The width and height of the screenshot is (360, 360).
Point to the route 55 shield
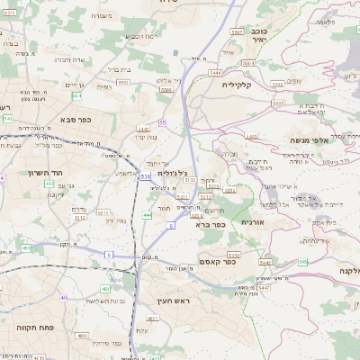(162, 121)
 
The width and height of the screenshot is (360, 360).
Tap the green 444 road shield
(148, 215)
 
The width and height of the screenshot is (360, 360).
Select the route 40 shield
(63, 297)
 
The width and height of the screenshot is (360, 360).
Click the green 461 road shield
(25, 247)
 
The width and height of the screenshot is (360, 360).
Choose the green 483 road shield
(106, 289)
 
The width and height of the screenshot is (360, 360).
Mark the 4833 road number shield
(83, 335)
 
